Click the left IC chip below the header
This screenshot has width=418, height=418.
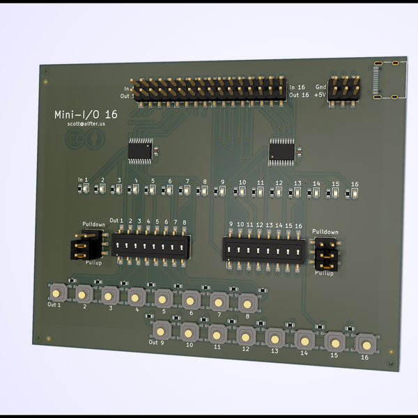(141, 149)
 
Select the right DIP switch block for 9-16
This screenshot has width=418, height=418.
(264, 249)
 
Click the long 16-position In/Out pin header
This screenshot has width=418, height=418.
(209, 90)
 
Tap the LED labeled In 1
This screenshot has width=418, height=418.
(82, 188)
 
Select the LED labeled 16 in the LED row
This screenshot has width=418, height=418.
(354, 193)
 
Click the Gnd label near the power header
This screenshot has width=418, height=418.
(320, 86)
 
